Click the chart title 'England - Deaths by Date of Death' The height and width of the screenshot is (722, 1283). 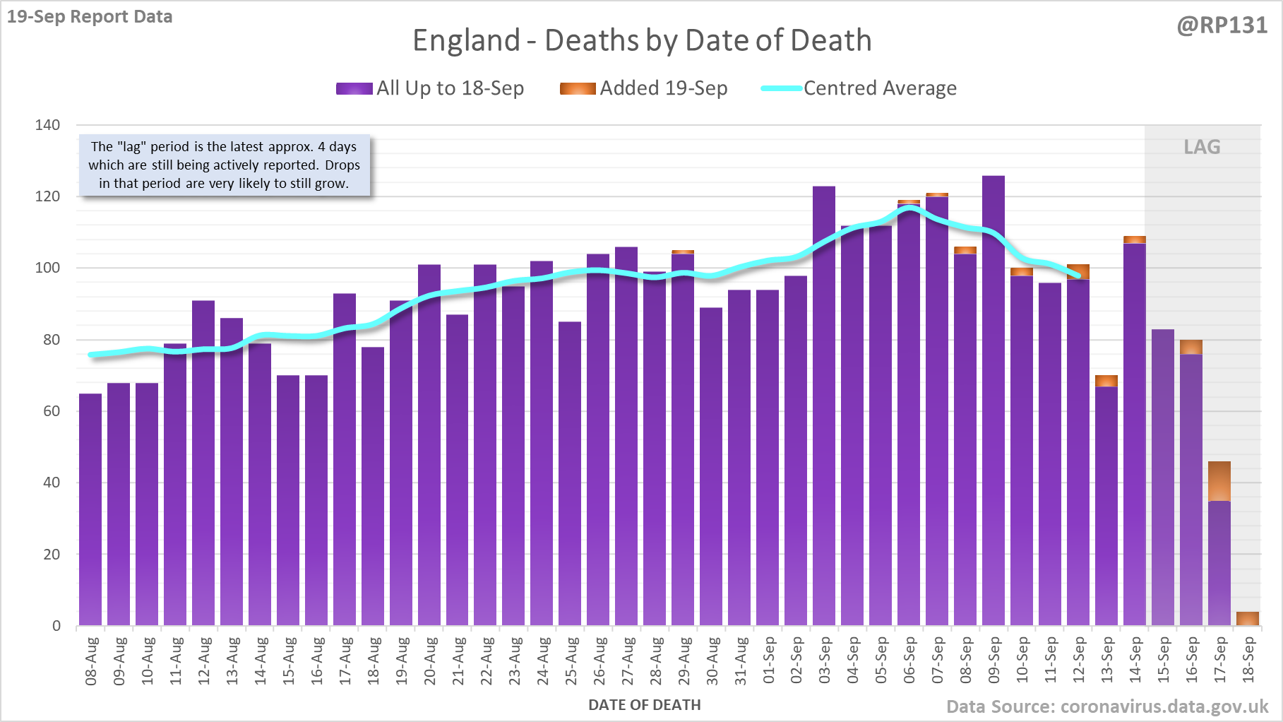[x=642, y=41]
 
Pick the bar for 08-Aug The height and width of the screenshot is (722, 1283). [x=90, y=509]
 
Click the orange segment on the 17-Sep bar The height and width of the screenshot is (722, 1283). [x=1219, y=481]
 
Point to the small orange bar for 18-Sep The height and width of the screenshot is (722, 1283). [x=1248, y=619]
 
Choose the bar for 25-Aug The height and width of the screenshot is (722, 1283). [x=570, y=473]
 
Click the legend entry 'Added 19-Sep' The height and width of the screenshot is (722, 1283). [x=644, y=88]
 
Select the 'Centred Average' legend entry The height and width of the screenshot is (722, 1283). [x=859, y=88]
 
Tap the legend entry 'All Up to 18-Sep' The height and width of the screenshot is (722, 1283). [x=431, y=88]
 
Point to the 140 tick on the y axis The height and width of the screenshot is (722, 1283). [x=47, y=125]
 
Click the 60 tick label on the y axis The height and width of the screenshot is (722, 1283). [x=52, y=411]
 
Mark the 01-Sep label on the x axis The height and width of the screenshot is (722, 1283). [x=768, y=661]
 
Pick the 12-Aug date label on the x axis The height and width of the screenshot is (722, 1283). [x=204, y=661]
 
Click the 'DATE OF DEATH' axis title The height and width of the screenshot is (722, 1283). [x=645, y=705]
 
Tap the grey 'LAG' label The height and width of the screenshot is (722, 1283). [x=1202, y=147]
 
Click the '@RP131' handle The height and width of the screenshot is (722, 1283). [x=1222, y=25]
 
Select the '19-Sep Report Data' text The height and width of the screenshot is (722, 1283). [x=90, y=16]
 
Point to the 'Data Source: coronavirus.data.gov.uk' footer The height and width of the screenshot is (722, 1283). [x=1107, y=706]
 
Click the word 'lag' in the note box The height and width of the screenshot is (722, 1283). [x=131, y=147]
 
